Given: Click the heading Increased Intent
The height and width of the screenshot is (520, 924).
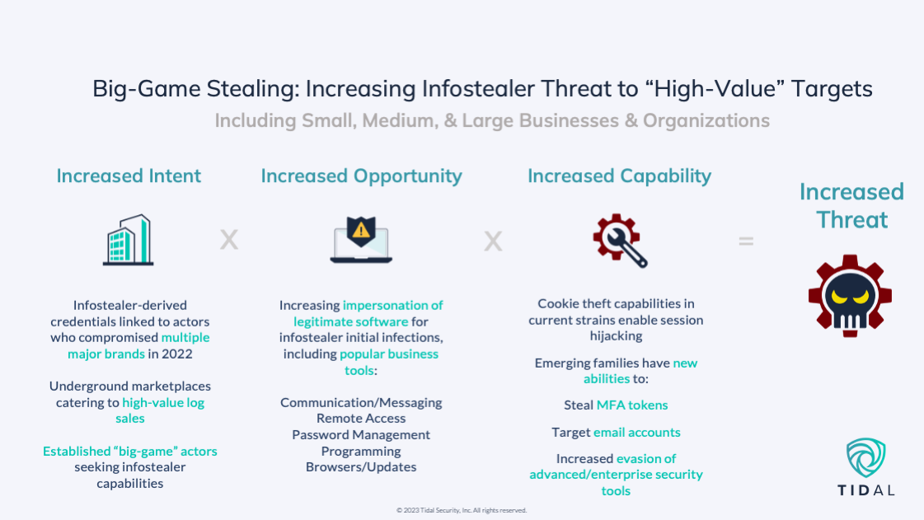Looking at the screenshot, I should [x=129, y=176].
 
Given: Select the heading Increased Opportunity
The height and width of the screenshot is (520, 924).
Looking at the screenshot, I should [x=361, y=176].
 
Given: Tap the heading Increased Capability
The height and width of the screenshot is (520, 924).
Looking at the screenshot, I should [x=619, y=176].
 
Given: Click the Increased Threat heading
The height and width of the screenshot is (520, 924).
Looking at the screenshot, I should [x=851, y=205].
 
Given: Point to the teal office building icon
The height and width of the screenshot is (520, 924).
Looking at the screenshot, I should [x=128, y=240].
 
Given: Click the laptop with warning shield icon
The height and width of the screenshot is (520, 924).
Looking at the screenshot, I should [x=361, y=240].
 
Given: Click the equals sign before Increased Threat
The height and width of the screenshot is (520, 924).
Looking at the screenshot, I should [x=746, y=241].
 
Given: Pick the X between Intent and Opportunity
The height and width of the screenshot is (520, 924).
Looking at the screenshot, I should [x=228, y=241].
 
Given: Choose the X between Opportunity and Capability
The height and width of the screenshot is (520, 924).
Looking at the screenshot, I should [x=493, y=241].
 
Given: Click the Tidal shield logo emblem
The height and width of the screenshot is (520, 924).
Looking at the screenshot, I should [x=866, y=458].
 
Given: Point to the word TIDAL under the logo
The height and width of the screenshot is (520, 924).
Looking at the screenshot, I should [x=866, y=490].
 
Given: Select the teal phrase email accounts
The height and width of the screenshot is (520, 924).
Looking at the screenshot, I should [x=637, y=432].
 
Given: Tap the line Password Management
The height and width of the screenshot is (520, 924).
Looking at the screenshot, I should [x=361, y=434].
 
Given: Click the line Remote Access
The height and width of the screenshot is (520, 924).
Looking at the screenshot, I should [x=361, y=419].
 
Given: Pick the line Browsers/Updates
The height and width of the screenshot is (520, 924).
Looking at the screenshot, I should [x=361, y=467].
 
